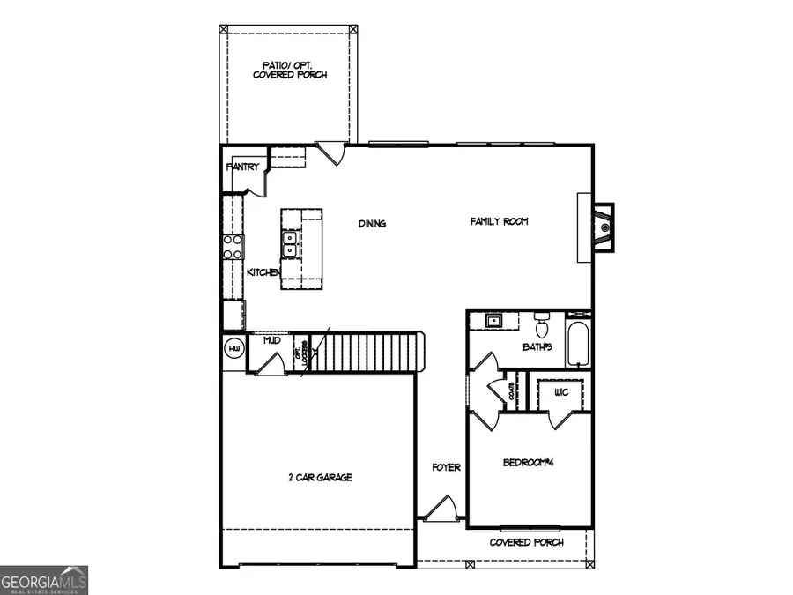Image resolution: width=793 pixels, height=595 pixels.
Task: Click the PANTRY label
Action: pos(242,167)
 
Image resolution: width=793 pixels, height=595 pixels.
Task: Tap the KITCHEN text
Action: pos(263,272)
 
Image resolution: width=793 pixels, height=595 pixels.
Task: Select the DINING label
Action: pos(372,224)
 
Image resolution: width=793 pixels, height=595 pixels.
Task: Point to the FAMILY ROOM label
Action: pos(499,221)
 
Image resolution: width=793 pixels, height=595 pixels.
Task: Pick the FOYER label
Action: pos(446,467)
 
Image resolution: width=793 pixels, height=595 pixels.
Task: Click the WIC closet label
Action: pos(560,391)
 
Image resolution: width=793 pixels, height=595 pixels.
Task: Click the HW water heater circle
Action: pos(234,350)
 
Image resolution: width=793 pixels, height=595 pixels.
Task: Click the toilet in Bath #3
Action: pos(542,320)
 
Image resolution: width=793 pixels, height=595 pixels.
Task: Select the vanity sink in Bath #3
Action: pos(494,320)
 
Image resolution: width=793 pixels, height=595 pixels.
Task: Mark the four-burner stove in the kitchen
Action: pos(233,246)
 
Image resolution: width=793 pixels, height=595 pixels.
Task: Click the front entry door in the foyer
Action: pos(440,509)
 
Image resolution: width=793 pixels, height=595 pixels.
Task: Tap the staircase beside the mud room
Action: pos(366,353)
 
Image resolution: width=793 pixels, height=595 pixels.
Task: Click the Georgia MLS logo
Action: pos(44,580)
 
